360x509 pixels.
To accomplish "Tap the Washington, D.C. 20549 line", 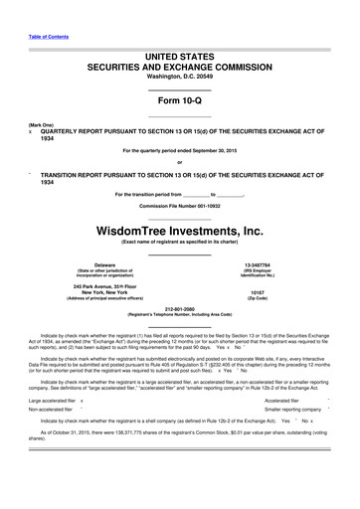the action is [180, 76].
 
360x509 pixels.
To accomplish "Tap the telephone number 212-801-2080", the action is [180, 308].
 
